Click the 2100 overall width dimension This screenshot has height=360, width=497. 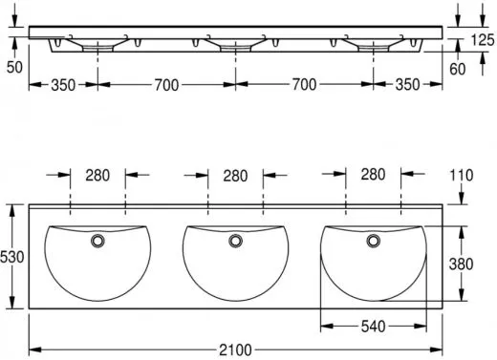(235, 350)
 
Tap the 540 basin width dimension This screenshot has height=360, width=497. (373, 327)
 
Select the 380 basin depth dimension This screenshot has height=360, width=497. (461, 264)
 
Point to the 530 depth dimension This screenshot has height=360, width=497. (12, 257)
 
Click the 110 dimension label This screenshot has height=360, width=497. (462, 176)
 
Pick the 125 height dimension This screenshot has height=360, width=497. (483, 40)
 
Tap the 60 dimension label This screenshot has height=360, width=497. (457, 69)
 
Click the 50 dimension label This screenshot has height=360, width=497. (14, 67)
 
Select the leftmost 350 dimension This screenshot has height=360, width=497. (63, 85)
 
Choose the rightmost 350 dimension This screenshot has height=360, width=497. (407, 85)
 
